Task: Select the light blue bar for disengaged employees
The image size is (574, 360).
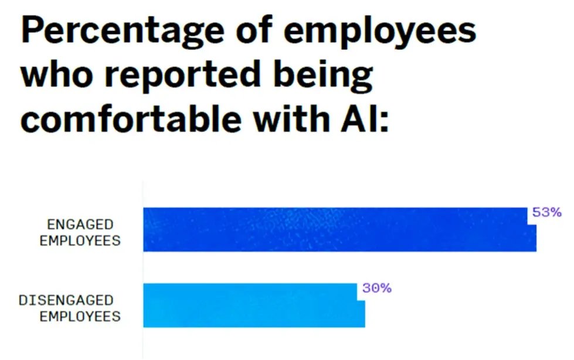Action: click(252, 305)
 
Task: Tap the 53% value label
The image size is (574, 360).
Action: click(546, 212)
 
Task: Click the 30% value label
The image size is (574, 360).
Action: click(376, 288)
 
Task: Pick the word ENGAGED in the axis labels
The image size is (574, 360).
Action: click(80, 225)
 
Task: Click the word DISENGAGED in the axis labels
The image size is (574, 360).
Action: click(66, 300)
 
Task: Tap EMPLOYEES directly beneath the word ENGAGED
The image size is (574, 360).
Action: click(80, 240)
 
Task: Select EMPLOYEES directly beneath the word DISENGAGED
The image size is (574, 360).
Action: click(80, 317)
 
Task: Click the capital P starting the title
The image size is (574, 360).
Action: click(33, 30)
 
